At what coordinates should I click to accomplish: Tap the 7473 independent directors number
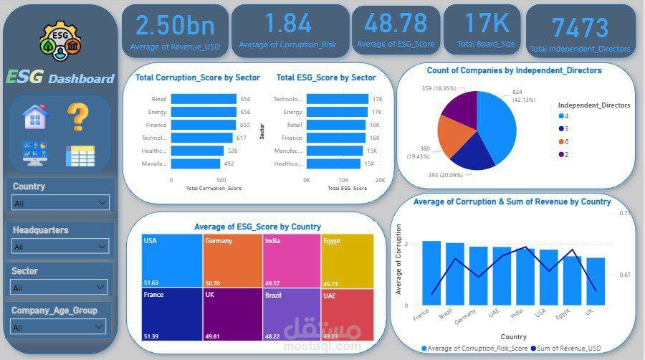pyautogui.click(x=580, y=28)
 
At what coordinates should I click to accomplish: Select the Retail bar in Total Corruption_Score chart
pyautogui.click(x=204, y=99)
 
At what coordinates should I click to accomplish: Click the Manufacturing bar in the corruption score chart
pyautogui.click(x=195, y=164)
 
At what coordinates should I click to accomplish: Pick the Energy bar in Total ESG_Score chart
pyautogui.click(x=338, y=112)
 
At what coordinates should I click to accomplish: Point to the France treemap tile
pyautogui.click(x=172, y=314)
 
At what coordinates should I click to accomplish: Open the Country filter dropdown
pyautogui.click(x=61, y=203)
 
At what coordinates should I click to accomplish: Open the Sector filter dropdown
pyautogui.click(x=61, y=288)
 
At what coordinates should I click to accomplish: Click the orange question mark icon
pyautogui.click(x=78, y=117)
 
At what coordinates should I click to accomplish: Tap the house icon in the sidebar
pyautogui.click(x=35, y=116)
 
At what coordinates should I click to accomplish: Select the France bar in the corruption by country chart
pyautogui.click(x=431, y=273)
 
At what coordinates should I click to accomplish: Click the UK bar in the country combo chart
pyautogui.click(x=596, y=282)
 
